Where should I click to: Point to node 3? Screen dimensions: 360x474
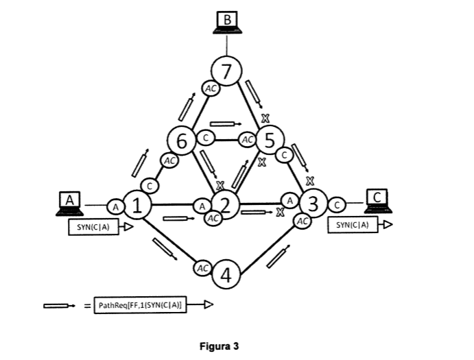coord(313,204)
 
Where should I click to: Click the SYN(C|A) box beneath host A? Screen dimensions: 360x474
coord(94,227)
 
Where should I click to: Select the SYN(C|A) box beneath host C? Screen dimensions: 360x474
coord(353,224)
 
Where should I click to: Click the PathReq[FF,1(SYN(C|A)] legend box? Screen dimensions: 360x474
coord(142,305)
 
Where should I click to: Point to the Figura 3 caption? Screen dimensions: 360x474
coord(219,346)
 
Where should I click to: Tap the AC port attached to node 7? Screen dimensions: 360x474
coord(211,87)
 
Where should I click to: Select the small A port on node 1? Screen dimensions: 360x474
coord(115,205)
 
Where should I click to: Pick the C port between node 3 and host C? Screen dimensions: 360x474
coord(337,203)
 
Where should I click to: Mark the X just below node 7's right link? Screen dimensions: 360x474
coord(264,119)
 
